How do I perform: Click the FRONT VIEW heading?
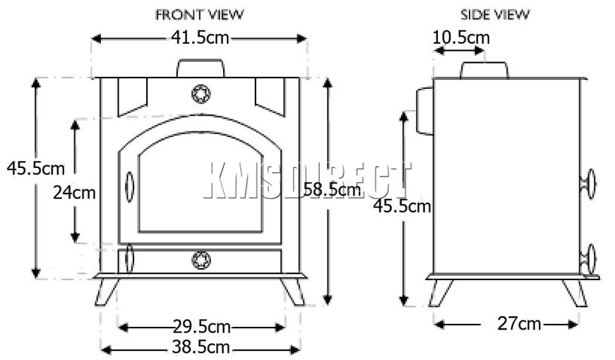(x=201, y=14)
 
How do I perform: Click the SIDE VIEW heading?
(x=494, y=14)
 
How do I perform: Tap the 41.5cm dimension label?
(x=201, y=38)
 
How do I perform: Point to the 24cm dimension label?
(x=73, y=192)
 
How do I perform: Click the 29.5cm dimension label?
(x=201, y=326)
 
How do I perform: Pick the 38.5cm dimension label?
(x=201, y=347)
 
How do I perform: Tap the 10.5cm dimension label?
(x=460, y=37)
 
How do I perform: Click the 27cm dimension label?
(x=520, y=323)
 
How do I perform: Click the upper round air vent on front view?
(x=201, y=93)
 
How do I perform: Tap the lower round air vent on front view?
(x=201, y=260)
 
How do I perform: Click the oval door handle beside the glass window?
(x=129, y=186)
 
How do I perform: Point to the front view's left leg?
(x=107, y=291)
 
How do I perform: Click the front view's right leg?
(x=292, y=291)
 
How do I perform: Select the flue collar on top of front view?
(x=201, y=68)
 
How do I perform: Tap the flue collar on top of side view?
(x=484, y=70)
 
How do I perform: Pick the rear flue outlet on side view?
(x=424, y=111)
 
